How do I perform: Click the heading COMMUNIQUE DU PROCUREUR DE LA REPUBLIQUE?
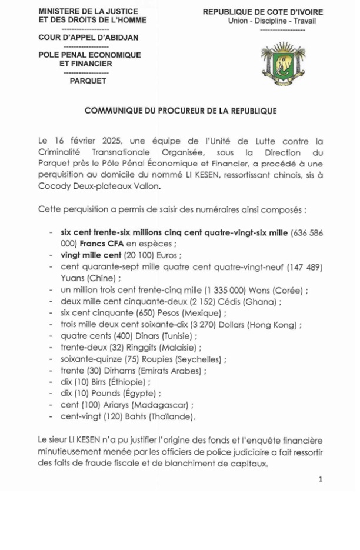click(181, 111)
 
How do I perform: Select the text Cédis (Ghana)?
click(252, 302)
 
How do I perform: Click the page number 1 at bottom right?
click(321, 479)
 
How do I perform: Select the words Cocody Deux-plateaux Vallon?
click(98, 186)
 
